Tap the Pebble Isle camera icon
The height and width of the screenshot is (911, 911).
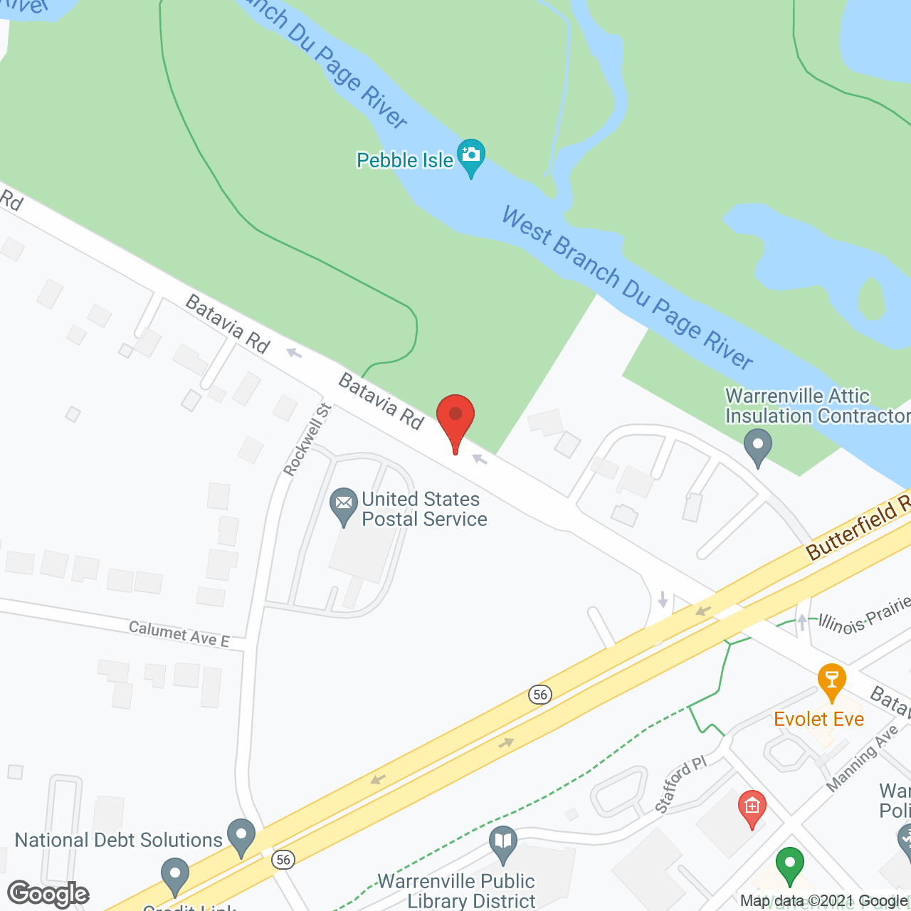pos(471,154)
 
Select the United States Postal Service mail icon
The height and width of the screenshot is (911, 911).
pos(344,504)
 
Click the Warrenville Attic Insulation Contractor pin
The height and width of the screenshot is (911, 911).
pos(758,446)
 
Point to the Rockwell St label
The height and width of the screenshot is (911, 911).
pos(307,439)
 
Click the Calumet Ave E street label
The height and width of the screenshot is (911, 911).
pos(179,633)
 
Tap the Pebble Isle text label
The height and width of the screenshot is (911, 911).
pos(405,160)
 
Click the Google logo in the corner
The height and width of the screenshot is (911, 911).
pos(48,893)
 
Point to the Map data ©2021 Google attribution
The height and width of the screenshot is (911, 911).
pos(823,900)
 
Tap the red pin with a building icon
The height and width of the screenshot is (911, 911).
pos(752,806)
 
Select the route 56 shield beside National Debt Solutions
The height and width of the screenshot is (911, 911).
pos(283,860)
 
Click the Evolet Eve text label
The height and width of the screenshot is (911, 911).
pos(818,719)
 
